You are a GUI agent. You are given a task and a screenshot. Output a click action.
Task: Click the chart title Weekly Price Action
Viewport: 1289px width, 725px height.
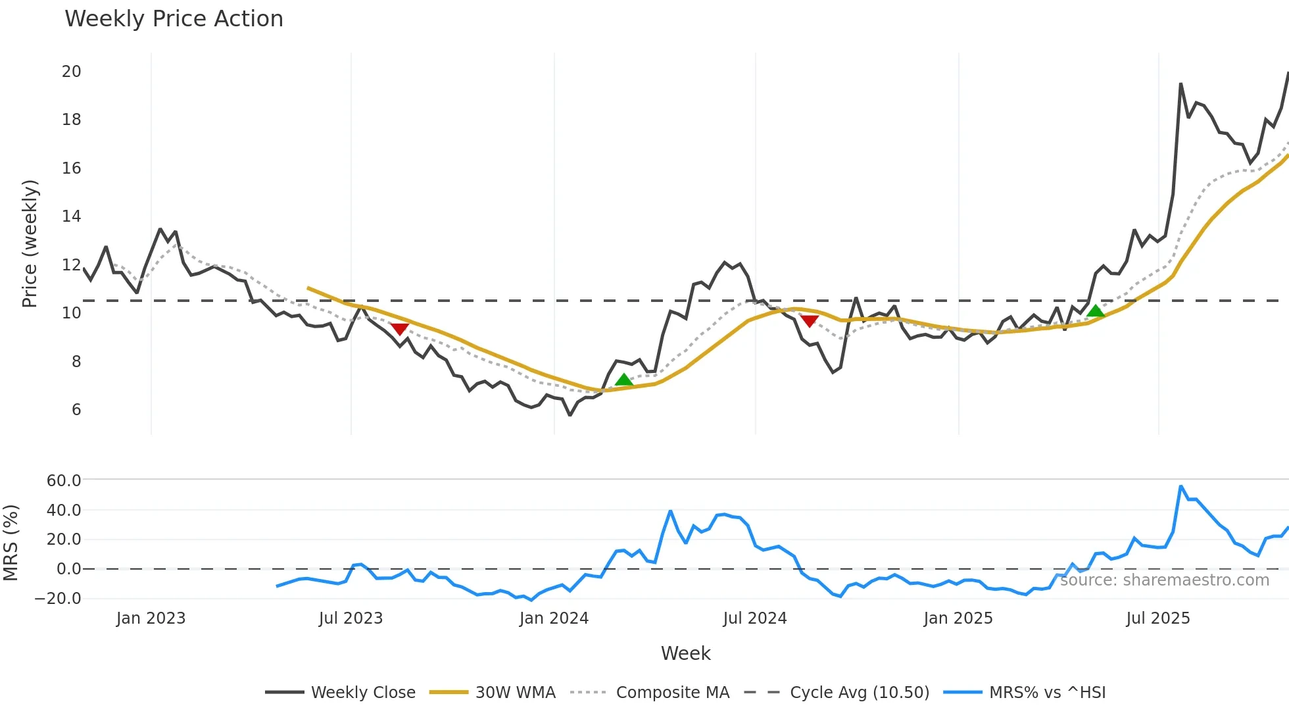(x=174, y=19)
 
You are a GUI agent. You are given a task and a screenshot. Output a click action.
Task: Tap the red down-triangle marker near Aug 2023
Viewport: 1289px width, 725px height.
(x=400, y=328)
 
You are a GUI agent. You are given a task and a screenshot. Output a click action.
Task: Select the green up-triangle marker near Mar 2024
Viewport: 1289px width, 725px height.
(x=623, y=380)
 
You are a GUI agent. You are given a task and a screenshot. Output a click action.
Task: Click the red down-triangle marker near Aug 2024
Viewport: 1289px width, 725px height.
(x=810, y=320)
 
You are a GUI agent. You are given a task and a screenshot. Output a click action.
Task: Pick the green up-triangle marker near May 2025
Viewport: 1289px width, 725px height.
(x=1096, y=311)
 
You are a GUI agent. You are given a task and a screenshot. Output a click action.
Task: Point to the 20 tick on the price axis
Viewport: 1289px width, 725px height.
(x=72, y=72)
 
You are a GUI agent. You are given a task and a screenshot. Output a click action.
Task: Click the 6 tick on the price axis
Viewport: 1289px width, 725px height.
(x=76, y=410)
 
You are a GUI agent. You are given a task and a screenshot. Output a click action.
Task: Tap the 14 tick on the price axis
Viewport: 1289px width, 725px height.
(x=72, y=216)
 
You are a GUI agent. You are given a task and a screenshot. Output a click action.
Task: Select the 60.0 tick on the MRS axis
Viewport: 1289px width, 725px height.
(x=64, y=481)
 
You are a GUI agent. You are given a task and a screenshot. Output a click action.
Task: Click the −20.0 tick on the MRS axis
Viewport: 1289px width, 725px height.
(x=58, y=599)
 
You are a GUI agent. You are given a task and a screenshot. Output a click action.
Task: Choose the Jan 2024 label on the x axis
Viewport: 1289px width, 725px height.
(x=554, y=618)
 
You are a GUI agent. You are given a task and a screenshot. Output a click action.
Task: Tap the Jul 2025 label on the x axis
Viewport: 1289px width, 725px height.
(x=1157, y=618)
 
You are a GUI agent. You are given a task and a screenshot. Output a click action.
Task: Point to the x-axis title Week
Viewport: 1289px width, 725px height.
(x=685, y=653)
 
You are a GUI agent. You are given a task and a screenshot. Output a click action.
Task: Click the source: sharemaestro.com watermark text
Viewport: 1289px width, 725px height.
(x=1164, y=580)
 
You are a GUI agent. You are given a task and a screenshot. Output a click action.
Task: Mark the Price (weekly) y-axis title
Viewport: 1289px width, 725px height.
(x=30, y=243)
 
